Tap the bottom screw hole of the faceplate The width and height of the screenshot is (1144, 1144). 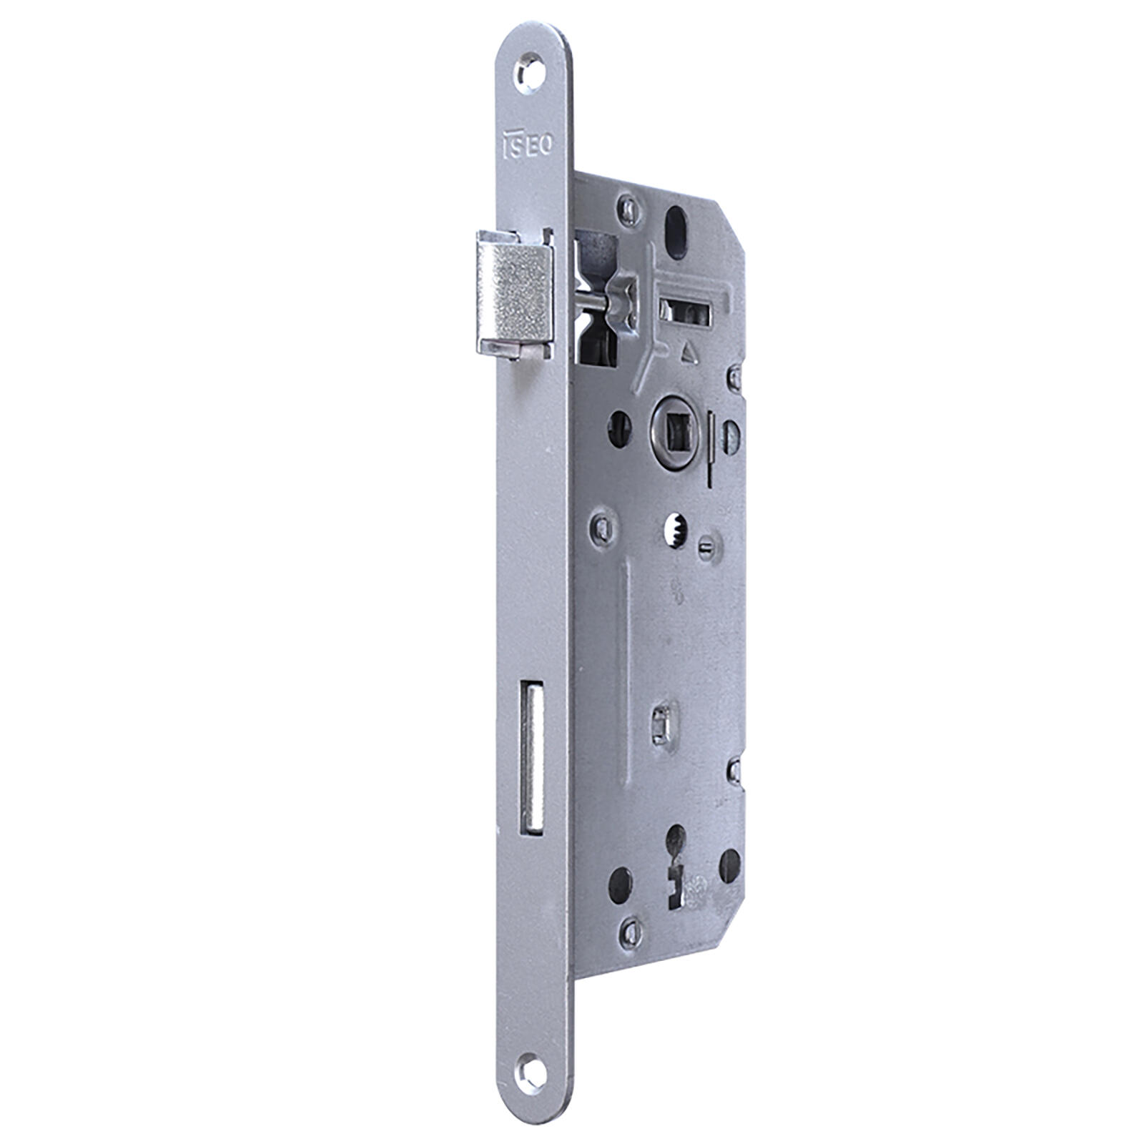530,1074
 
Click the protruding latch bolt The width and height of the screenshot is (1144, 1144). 514,295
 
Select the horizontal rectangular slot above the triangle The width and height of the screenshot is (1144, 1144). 685,310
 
